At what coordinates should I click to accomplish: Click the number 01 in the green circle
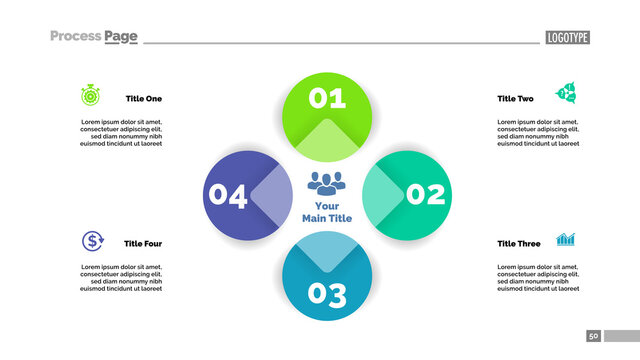pos(327,98)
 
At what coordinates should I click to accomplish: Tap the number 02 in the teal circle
pos(425,194)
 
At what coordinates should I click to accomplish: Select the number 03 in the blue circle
pos(327,294)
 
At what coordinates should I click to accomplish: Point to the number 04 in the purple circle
pos(227,196)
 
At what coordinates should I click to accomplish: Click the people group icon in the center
pos(326,183)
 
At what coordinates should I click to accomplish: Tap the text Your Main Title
pos(327,212)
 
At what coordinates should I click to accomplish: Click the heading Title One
pos(143,99)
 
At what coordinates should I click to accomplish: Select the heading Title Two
pos(515,99)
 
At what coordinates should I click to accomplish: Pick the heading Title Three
pos(518,244)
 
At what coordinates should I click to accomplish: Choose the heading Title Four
pos(142,244)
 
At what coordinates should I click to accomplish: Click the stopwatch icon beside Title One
pos(90,96)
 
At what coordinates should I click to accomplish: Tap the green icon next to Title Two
pos(566,94)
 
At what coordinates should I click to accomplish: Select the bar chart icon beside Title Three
pos(566,240)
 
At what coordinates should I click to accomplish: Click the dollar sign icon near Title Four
pos(92,240)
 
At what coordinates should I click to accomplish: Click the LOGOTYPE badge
pos(567,38)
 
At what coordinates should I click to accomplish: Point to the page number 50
pos(593,336)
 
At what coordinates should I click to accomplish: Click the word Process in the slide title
pos(75,37)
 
